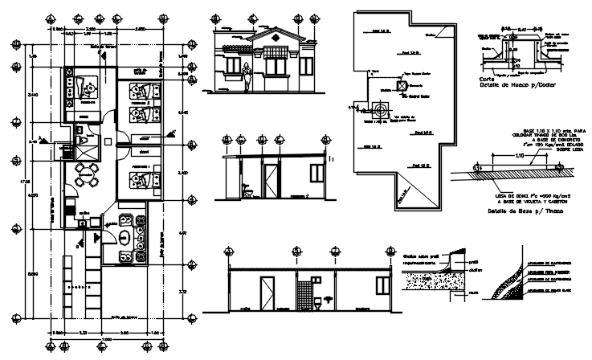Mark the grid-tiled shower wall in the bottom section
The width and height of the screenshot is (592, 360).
[306, 292]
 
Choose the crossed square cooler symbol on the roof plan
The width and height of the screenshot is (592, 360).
[402, 84]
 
